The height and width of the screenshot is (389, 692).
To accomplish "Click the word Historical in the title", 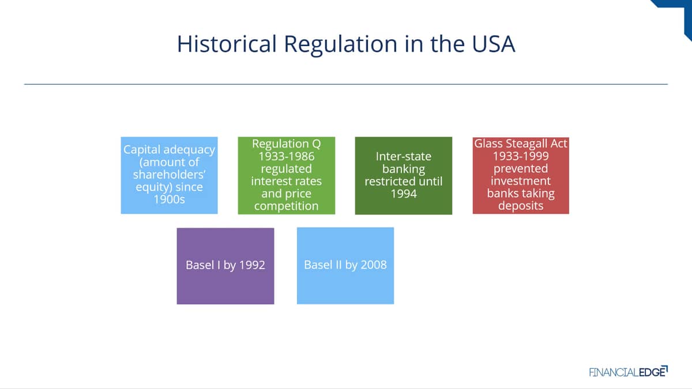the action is click(227, 44).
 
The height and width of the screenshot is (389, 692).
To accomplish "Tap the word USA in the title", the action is click(494, 44).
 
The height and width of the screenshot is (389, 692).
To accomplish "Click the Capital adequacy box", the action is click(170, 175).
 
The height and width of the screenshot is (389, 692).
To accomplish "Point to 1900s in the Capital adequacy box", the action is click(170, 199).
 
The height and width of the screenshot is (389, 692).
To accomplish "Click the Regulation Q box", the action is click(287, 175).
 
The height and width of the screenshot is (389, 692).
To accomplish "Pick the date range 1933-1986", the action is click(287, 156).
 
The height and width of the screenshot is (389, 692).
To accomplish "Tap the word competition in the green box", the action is click(287, 206).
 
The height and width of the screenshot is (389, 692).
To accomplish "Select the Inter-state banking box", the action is click(404, 175).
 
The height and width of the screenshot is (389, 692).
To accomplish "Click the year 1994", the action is click(404, 194).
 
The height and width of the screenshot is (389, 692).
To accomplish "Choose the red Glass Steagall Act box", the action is click(521, 175).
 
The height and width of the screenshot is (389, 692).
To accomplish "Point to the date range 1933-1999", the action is click(521, 156).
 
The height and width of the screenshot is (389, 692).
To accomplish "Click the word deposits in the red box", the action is click(521, 206).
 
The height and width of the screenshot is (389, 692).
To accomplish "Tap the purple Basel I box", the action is click(225, 266).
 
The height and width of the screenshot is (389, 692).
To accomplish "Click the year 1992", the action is click(252, 265).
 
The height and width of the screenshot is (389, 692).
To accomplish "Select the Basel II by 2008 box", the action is click(345, 266).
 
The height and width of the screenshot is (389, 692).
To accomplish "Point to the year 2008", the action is click(374, 265).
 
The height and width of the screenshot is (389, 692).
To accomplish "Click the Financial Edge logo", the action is click(629, 371).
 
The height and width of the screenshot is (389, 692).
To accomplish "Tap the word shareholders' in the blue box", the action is click(170, 175).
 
